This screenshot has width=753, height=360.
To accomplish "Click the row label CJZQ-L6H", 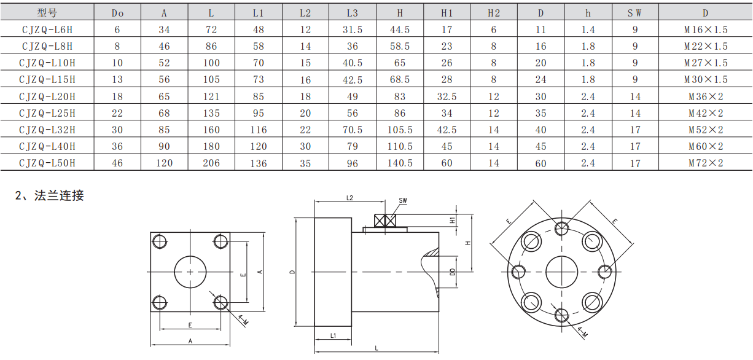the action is pyautogui.click(x=47, y=29).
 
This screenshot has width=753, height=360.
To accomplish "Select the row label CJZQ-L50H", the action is pyautogui.click(x=47, y=163).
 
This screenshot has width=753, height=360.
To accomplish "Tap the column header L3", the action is pyautogui.click(x=353, y=13).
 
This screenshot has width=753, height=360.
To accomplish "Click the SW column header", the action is pyautogui.click(x=634, y=13).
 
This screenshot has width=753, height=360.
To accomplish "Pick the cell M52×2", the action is pyautogui.click(x=706, y=130).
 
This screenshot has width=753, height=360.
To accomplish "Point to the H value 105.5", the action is pyautogui.click(x=400, y=130).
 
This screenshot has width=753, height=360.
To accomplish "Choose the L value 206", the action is pyautogui.click(x=211, y=163).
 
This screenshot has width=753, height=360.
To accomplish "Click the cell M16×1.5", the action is pyautogui.click(x=706, y=29).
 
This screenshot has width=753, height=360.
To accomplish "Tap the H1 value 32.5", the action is pyautogui.click(x=447, y=97).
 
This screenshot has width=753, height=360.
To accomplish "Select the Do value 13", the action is pyautogui.click(x=117, y=80).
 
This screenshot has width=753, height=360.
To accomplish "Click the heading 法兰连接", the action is pyautogui.click(x=59, y=195).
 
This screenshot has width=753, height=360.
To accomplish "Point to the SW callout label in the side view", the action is pyautogui.click(x=403, y=201).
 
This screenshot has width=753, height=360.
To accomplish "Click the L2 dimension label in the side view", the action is pyautogui.click(x=349, y=198).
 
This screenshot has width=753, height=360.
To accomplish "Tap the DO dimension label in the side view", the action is pyautogui.click(x=453, y=272).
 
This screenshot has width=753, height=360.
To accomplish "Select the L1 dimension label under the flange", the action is pyautogui.click(x=333, y=335).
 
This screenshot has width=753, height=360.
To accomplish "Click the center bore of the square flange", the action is pyautogui.click(x=190, y=272).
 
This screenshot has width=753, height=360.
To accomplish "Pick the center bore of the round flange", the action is pyautogui.click(x=561, y=272).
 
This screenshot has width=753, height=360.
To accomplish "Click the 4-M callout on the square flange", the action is pyautogui.click(x=243, y=320).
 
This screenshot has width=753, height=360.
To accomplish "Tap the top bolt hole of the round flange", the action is pyautogui.click(x=561, y=229).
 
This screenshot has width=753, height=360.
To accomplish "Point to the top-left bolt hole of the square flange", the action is pyautogui.click(x=160, y=241).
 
